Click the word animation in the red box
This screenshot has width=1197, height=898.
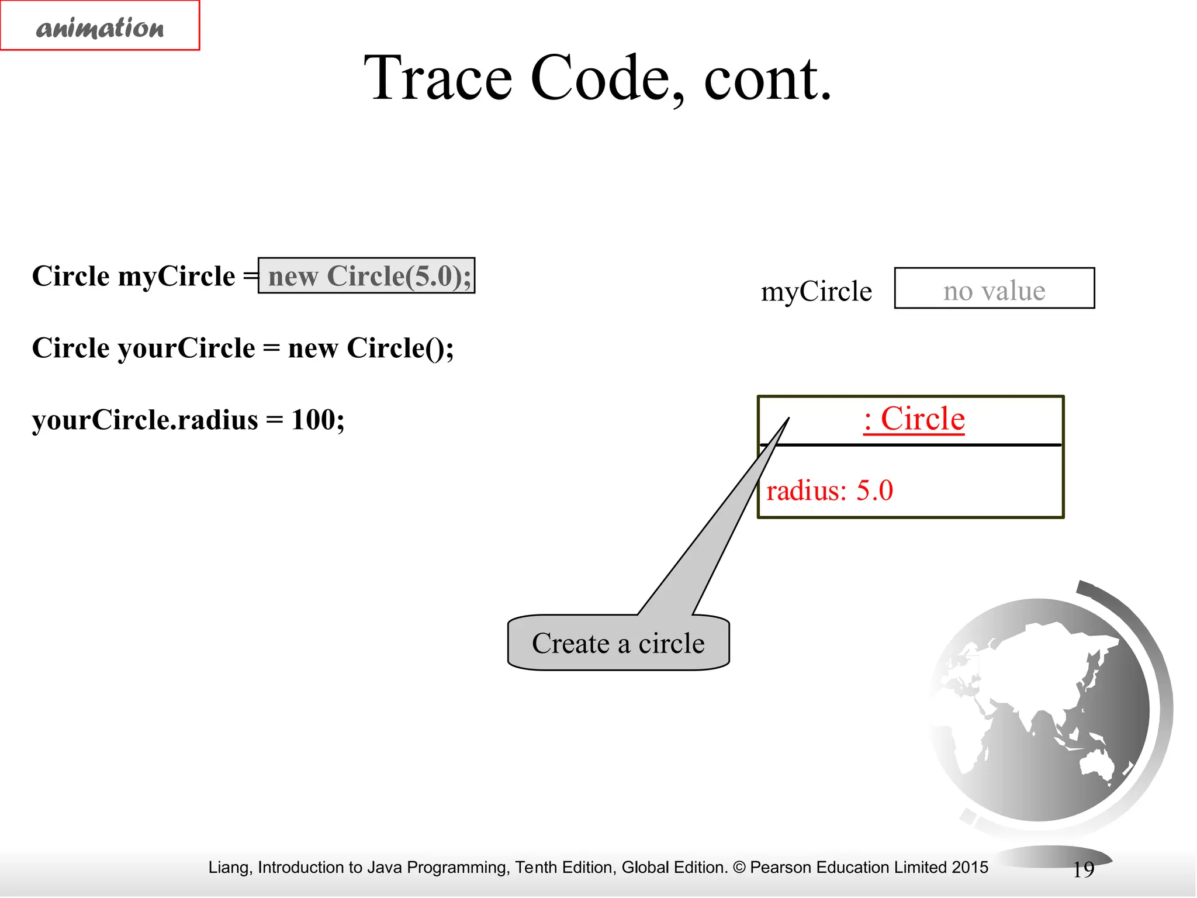(x=100, y=27)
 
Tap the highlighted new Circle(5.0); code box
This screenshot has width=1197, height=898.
(x=366, y=275)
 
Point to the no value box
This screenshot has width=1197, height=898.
(x=994, y=288)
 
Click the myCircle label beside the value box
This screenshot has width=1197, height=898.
(x=816, y=291)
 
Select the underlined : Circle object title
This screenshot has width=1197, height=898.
(x=914, y=419)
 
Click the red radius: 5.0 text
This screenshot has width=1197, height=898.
(x=829, y=490)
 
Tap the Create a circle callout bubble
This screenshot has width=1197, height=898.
(x=618, y=643)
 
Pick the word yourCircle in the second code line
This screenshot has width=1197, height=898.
(x=186, y=348)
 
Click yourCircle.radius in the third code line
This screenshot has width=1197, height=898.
(x=145, y=420)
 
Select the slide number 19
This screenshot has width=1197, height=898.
(x=1083, y=870)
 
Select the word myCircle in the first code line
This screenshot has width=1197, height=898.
(x=177, y=276)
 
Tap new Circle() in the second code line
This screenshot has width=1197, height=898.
(x=371, y=348)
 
